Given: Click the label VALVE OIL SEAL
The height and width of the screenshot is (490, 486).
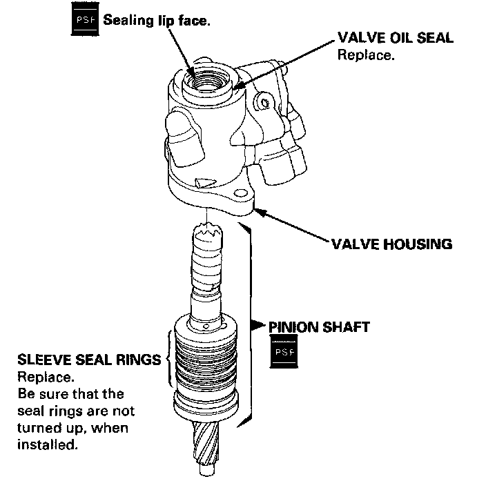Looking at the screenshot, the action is [x=395, y=38].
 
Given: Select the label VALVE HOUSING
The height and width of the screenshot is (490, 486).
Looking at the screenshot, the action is [x=390, y=244].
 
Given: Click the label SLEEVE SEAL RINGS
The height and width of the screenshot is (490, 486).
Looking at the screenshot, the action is [x=88, y=360].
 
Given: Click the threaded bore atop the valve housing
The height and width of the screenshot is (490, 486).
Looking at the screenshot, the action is [x=205, y=79].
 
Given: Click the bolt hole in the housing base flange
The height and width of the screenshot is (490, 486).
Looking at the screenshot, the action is [x=242, y=195].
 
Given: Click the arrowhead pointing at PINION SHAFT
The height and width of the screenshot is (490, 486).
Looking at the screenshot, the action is [x=255, y=323].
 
